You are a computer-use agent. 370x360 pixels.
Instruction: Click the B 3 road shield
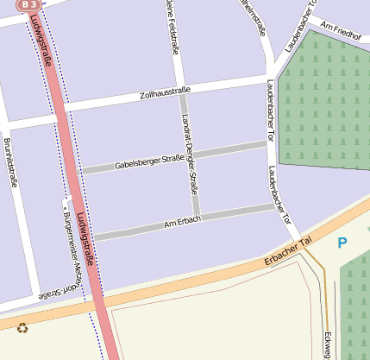coord(28,4)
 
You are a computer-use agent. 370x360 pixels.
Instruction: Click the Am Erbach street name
coord(182,223)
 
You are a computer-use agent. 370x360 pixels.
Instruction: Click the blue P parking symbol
coord(342,243)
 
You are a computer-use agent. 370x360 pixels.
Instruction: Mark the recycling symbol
coord(22,328)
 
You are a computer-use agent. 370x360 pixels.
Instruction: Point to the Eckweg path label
coord(328,345)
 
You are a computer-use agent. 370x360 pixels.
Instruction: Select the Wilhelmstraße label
coord(257,17)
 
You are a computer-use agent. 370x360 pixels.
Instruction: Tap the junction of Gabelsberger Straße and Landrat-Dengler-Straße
coord(191,155)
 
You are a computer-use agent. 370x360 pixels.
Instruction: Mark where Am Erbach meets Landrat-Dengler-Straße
coord(198,216)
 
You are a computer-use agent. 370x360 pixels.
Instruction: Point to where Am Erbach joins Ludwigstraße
coord(90,237)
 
